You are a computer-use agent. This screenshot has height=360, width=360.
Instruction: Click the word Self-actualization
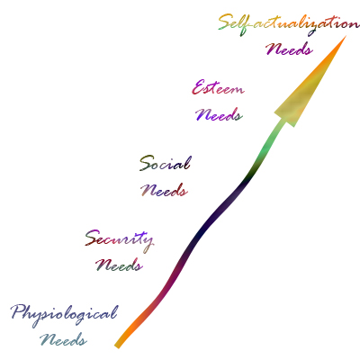pos(288,24)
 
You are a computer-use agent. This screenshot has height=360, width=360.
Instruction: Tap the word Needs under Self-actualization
pos(289,49)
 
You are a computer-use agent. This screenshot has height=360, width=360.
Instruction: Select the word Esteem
pos(218,87)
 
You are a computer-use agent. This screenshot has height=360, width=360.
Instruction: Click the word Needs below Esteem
pos(219,114)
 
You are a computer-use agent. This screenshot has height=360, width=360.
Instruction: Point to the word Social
pos(165,164)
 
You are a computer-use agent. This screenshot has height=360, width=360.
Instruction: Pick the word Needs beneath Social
pos(164,190)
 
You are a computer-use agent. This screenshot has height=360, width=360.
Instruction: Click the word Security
pos(120,241)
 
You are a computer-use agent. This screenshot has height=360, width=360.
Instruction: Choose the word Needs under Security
pos(119,265)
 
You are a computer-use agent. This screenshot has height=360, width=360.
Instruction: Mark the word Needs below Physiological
pos(63,339)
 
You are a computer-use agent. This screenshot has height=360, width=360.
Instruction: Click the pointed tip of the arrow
pos(346,36)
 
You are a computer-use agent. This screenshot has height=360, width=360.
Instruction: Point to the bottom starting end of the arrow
pos(117,346)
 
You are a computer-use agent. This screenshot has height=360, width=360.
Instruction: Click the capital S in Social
pos(146,164)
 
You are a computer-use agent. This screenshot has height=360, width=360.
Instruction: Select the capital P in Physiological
pos(20,312)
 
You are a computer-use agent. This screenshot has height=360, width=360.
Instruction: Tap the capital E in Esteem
pos(198,87)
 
